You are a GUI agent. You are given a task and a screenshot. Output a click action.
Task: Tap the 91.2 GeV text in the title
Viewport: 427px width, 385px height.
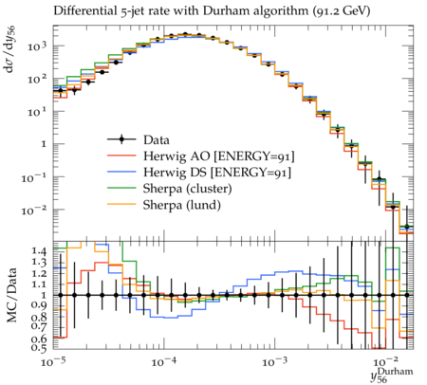pyautogui.click(x=342, y=11)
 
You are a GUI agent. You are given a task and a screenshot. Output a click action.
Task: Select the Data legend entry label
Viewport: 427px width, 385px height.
pyautogui.click(x=157, y=139)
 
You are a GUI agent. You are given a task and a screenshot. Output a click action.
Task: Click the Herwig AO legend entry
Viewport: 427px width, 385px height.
pyautogui.click(x=219, y=156)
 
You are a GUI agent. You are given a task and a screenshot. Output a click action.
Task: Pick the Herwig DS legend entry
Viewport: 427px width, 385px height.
pyautogui.click(x=217, y=173)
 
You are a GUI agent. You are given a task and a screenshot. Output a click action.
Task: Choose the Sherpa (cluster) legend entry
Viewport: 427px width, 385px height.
pyautogui.click(x=187, y=189)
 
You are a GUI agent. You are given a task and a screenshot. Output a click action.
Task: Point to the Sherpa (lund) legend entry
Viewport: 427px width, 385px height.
pyautogui.click(x=182, y=205)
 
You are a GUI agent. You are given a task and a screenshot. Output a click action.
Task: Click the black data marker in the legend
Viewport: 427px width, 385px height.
pyautogui.click(x=121, y=139)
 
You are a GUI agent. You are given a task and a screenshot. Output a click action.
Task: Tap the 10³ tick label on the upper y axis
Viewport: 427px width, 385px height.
pyautogui.click(x=37, y=47)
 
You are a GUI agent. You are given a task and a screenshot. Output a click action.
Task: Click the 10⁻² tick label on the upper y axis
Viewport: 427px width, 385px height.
pyautogui.click(x=34, y=211)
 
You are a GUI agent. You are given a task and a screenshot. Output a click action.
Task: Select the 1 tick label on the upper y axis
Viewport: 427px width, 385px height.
pyautogui.click(x=44, y=144)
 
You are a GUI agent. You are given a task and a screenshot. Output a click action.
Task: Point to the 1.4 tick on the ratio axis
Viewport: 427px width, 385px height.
pyautogui.click(x=39, y=251)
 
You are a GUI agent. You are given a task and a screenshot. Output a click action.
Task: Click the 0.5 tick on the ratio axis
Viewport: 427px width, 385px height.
pyautogui.click(x=39, y=348)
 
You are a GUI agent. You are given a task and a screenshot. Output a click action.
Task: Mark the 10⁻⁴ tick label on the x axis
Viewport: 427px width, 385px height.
pyautogui.click(x=163, y=361)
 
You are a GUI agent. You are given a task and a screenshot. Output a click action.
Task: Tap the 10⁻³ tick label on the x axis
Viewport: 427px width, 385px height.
pyautogui.click(x=274, y=361)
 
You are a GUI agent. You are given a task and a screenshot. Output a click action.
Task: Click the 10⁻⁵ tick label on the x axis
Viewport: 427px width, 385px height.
pyautogui.click(x=53, y=361)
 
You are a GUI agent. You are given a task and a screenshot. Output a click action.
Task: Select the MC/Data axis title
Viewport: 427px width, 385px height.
pyautogui.click(x=12, y=295)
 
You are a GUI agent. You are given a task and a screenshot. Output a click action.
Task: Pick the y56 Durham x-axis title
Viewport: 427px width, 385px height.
pyautogui.click(x=391, y=376)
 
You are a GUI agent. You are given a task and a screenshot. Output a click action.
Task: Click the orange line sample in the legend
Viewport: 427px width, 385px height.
pyautogui.click(x=121, y=205)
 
